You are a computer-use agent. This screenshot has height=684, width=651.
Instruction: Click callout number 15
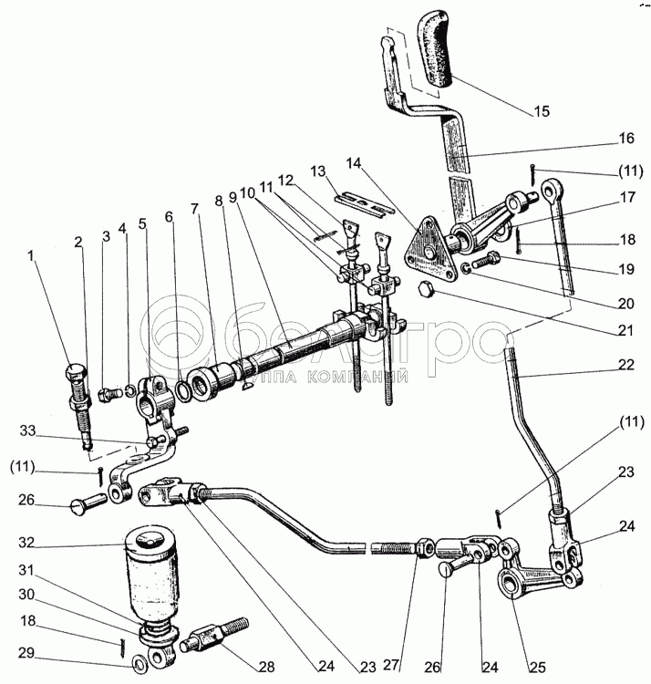(542, 112)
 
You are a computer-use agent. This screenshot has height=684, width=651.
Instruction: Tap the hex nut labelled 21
(423, 291)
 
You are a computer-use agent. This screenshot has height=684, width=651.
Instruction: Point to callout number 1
(34, 256)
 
